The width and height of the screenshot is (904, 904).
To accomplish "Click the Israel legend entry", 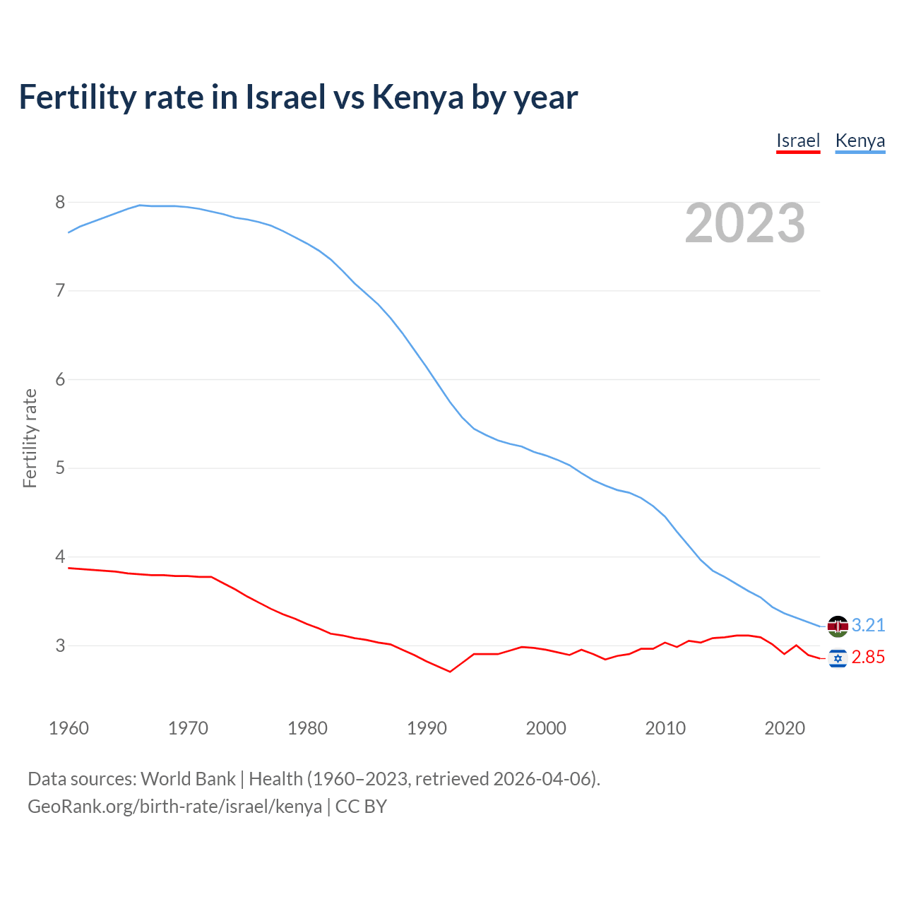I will (798, 141).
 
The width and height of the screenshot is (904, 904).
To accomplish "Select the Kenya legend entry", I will (860, 141).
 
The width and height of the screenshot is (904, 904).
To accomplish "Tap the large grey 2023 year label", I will (744, 223).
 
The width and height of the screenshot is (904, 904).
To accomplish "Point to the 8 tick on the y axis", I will (60, 203).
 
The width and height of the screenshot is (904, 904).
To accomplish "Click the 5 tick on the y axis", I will (60, 468).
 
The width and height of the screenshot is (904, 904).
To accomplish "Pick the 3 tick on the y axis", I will (60, 646).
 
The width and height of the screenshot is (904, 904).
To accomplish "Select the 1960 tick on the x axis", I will (69, 728).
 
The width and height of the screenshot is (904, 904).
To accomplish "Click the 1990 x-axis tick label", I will (427, 728).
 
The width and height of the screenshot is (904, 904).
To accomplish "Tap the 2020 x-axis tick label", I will (785, 728).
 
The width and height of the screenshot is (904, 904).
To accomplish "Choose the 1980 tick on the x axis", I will (307, 728).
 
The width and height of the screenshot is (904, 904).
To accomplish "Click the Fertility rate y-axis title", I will (30, 438).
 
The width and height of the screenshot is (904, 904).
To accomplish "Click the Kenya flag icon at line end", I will (838, 626).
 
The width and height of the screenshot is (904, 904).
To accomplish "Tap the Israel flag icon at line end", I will (838, 658).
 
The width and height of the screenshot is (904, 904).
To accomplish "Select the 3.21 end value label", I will (868, 626).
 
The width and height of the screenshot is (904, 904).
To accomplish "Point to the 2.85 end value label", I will (868, 658).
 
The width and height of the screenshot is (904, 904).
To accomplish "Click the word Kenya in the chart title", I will (417, 97).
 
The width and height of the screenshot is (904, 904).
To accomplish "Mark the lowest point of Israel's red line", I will (450, 672).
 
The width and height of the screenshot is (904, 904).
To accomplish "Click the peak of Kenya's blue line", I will (140, 205).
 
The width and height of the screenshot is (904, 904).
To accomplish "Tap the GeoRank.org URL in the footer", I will (174, 807).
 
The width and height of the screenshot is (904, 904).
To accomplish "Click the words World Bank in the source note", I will (188, 779).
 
